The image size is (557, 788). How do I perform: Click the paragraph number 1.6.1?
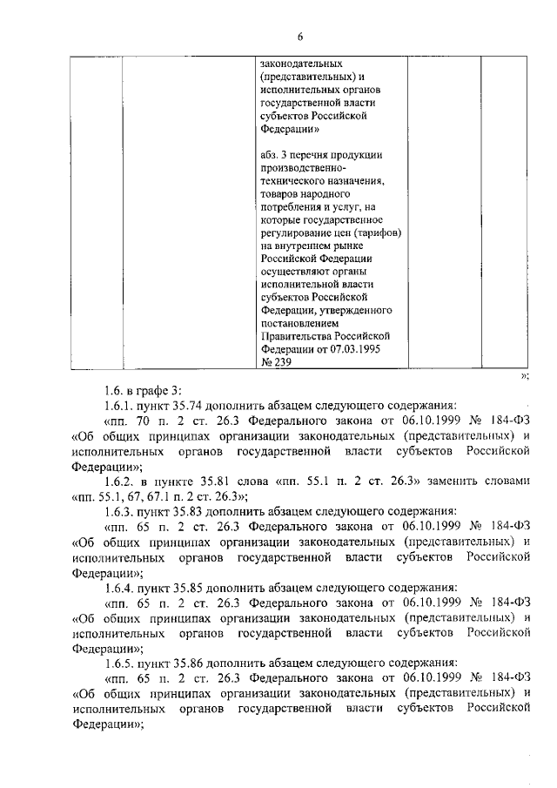click(x=119, y=405)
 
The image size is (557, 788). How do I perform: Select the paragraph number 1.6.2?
click(x=119, y=481)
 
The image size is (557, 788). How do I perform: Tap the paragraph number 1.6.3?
click(x=119, y=511)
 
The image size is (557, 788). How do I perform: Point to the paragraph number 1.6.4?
click(x=119, y=587)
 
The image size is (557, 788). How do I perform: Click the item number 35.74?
click(x=205, y=405)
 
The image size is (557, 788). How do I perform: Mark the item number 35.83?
click(x=205, y=511)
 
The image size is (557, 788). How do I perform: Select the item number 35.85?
click(x=205, y=587)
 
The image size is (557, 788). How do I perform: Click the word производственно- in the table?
click(x=303, y=168)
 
